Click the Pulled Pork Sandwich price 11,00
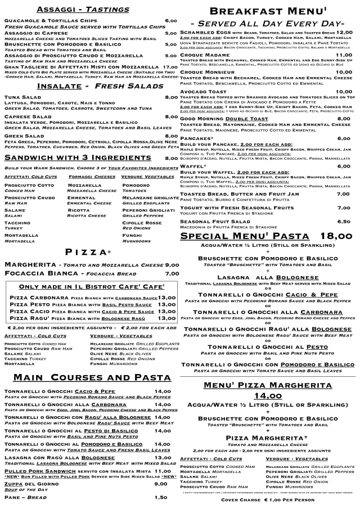tap(162, 470)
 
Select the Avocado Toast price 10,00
tap(343, 91)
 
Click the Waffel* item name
tap(192, 166)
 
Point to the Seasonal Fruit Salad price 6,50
tap(343, 222)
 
